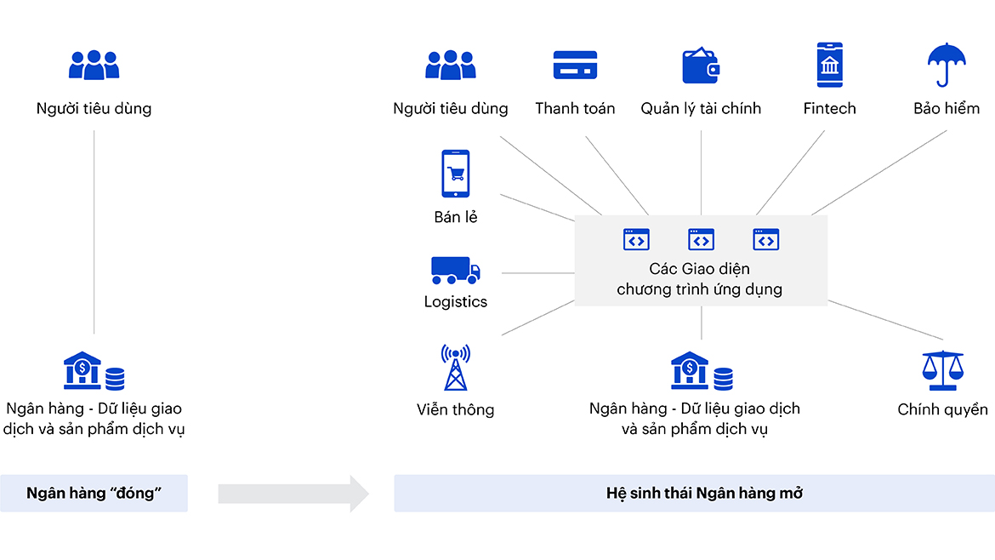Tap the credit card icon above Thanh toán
(575, 66)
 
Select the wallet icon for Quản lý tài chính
(701, 66)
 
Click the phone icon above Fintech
(829, 65)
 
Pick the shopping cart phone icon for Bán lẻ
(455, 174)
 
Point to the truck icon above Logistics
(455, 270)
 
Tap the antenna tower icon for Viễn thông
(455, 368)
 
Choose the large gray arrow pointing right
(293, 494)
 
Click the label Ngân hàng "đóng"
(94, 494)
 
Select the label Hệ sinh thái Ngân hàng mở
(693, 494)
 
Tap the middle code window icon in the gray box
(701, 240)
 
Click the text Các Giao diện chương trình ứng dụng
(699, 279)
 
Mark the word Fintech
(829, 109)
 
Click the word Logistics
(455, 302)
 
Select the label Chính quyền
(942, 410)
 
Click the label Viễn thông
(455, 410)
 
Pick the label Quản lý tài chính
(701, 109)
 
